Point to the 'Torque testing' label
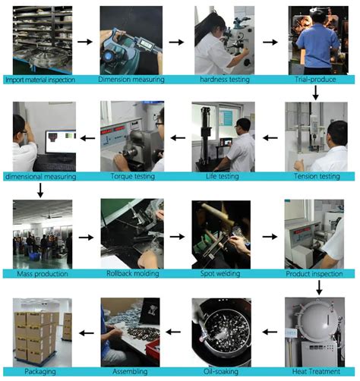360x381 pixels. [132, 176]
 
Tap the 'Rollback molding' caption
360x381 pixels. [131, 272]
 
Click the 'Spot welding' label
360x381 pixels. [221, 272]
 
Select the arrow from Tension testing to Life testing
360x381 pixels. [267, 137]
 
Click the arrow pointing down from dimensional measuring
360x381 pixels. [40, 189]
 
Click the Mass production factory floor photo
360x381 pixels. [43, 233]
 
